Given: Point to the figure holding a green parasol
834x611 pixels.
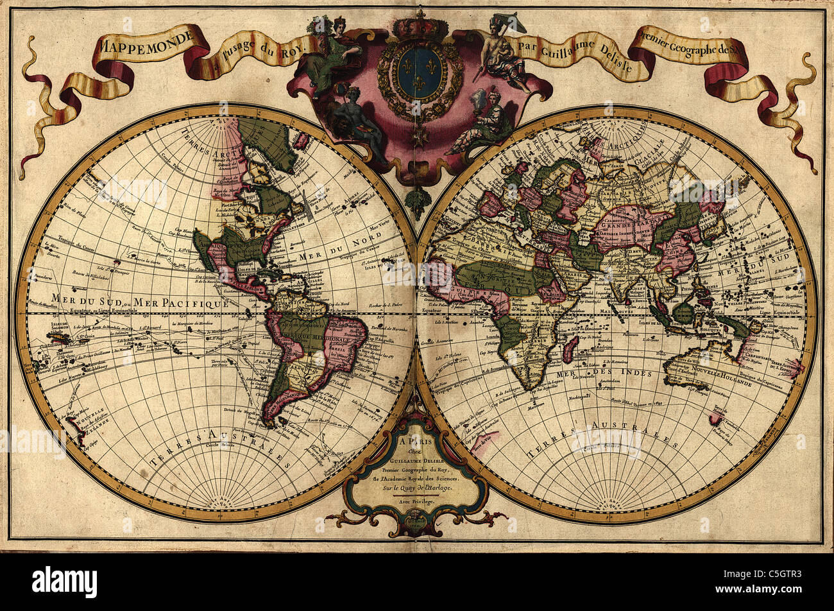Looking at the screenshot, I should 504,45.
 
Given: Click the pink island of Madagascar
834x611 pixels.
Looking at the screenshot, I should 569,349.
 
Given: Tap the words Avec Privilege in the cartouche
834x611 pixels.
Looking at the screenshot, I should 416,501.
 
